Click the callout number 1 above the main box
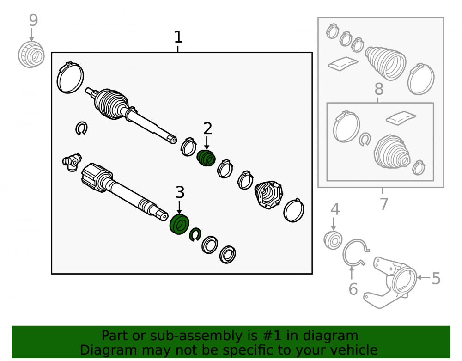click(x=178, y=37)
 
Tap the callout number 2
click(x=208, y=129)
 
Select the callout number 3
click(x=180, y=192)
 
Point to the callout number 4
click(x=335, y=209)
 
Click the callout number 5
click(x=436, y=278)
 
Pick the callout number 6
click(x=353, y=289)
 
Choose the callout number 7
click(x=383, y=204)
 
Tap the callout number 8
click(x=379, y=89)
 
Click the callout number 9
click(x=33, y=20)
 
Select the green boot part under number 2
click(x=206, y=158)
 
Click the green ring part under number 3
click(x=179, y=225)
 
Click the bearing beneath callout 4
click(x=333, y=240)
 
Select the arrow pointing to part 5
click(x=424, y=278)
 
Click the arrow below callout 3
click(x=179, y=208)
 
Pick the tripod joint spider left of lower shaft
click(x=72, y=162)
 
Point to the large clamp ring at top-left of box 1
click(x=70, y=78)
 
